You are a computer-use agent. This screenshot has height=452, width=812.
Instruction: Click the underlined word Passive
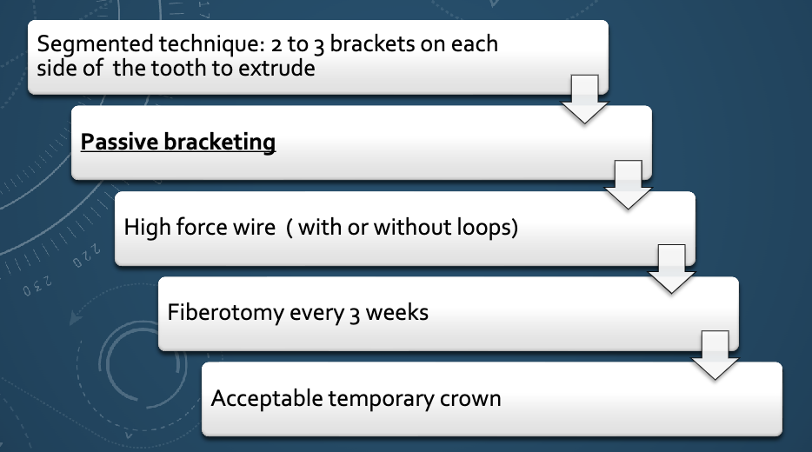point(117,142)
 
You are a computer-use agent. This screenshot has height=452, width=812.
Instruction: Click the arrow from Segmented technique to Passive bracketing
point(584,99)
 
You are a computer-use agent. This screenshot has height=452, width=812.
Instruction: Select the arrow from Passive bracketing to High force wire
point(628,184)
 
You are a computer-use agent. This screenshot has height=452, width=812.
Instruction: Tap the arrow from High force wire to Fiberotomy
point(671,269)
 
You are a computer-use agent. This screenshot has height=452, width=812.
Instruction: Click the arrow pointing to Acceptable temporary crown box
point(715,355)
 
